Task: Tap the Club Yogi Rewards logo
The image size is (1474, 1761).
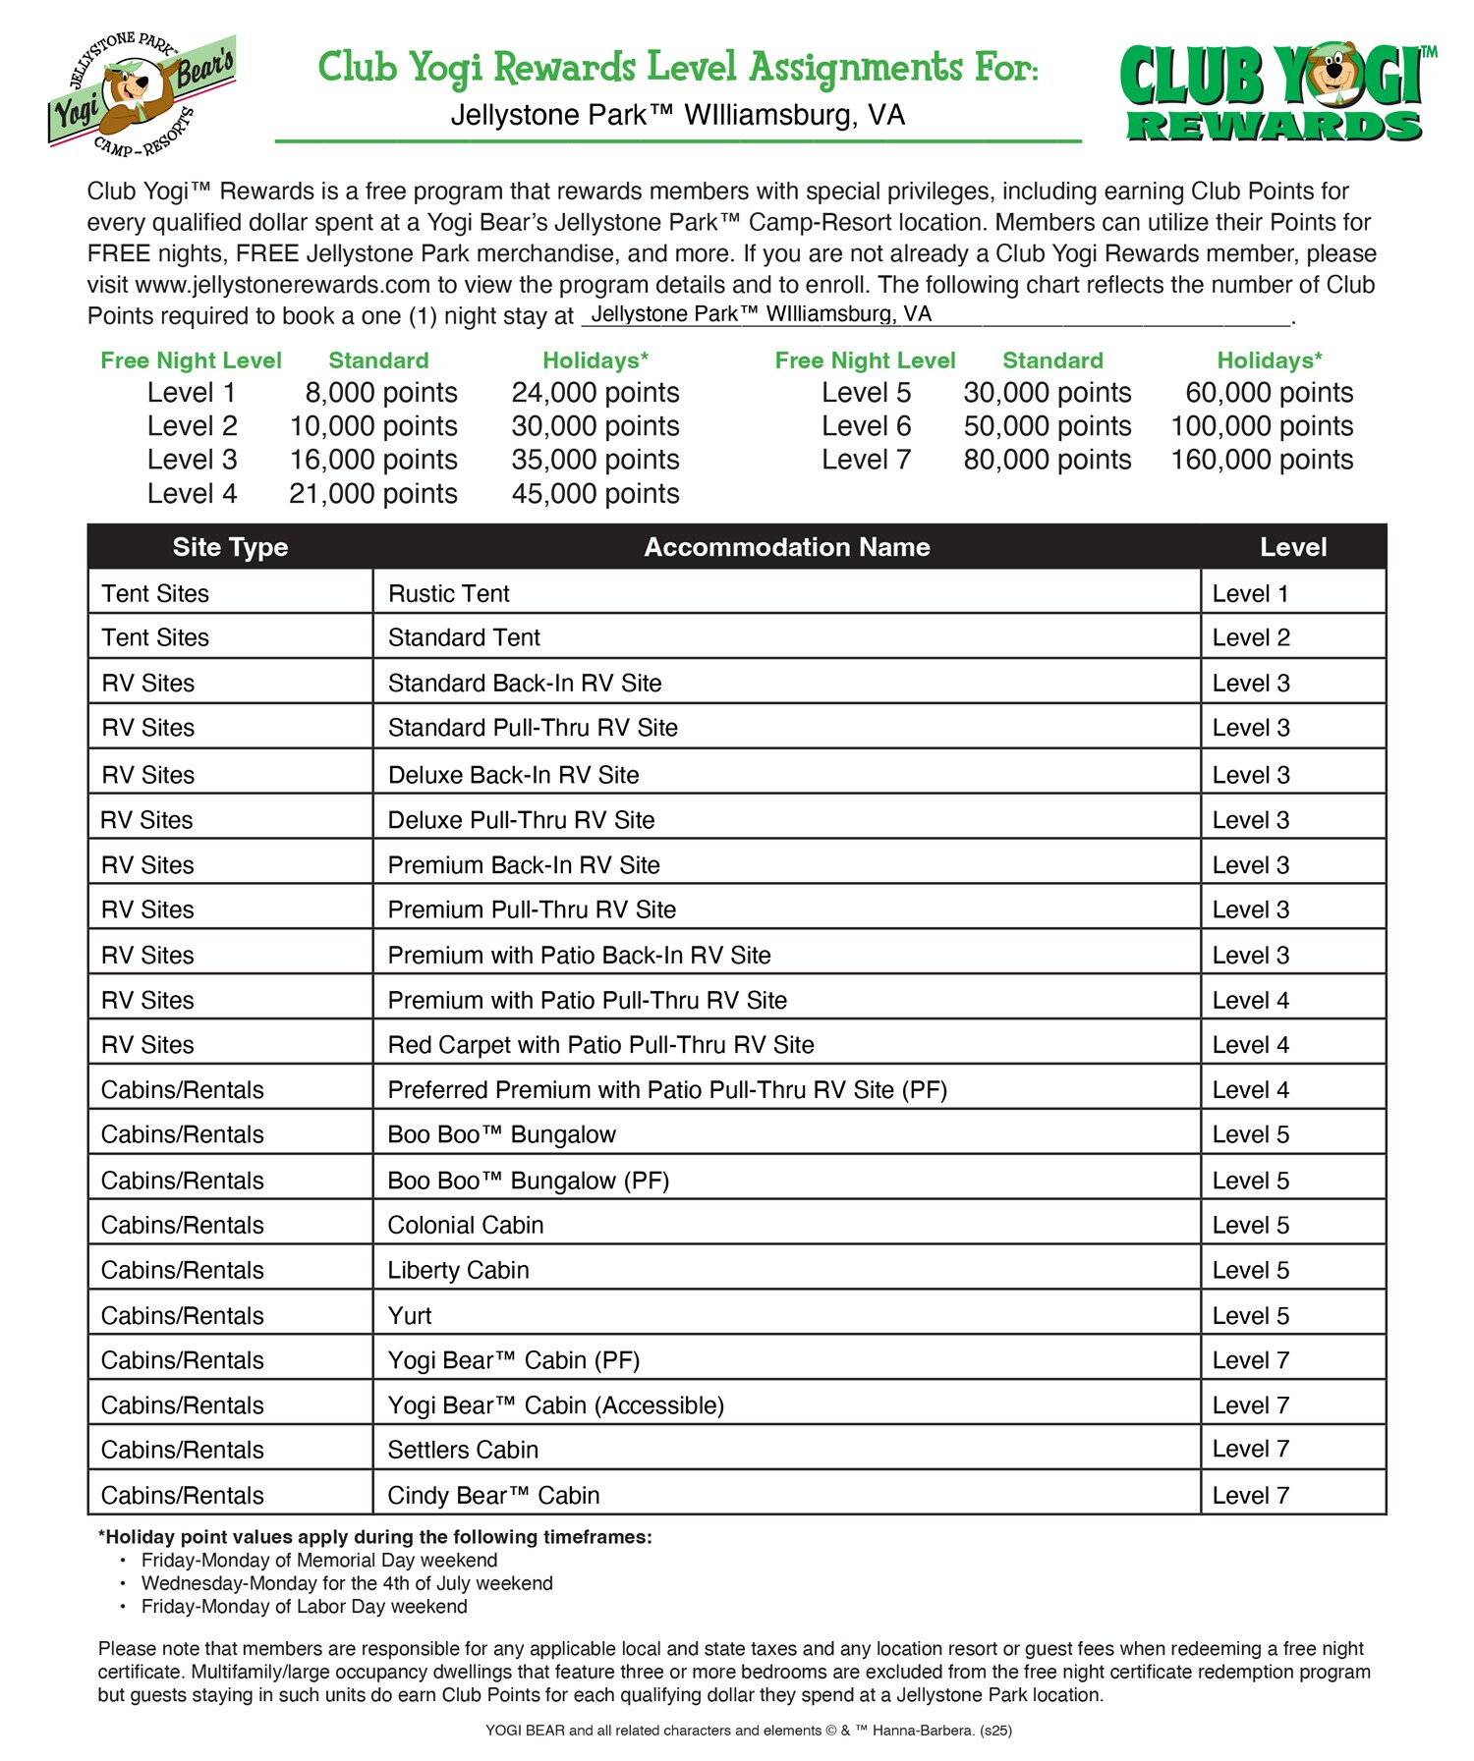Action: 1276,94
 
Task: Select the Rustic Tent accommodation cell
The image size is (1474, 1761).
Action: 449,593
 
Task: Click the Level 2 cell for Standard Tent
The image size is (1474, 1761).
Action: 1250,637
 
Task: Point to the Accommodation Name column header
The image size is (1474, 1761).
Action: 786,547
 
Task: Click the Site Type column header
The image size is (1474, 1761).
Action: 230,547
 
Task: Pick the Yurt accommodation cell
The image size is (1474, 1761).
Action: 410,1315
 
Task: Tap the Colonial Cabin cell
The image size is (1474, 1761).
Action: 466,1225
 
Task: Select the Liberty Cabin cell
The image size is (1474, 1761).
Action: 458,1270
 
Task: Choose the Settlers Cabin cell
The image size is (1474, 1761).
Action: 463,1450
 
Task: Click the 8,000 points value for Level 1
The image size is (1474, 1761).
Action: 381,393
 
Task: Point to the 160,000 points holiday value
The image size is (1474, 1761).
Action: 1262,460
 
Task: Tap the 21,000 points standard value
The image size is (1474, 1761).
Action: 373,494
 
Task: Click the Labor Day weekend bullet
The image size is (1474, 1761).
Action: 304,1606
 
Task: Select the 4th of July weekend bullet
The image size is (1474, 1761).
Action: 347,1583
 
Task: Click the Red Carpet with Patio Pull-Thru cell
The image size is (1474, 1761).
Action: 600,1045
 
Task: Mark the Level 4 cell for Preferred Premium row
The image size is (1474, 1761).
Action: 1250,1090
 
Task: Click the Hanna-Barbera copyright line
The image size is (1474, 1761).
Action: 748,1731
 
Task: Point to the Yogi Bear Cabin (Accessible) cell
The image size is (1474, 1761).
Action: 555,1405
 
